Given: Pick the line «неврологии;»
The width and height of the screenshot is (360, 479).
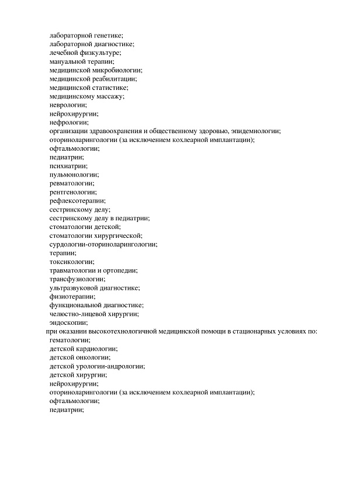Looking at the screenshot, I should [x=68, y=105].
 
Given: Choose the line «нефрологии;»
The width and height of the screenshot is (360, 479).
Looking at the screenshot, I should [x=69, y=122].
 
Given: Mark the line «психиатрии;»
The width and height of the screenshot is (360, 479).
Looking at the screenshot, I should [x=68, y=166].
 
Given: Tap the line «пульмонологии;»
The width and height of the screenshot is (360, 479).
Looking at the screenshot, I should [x=74, y=175].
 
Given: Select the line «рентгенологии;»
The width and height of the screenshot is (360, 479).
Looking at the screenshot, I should [x=73, y=192].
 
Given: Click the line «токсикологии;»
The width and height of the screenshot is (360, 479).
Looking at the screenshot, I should [x=72, y=262].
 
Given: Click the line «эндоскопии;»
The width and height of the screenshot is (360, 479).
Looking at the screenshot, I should [x=69, y=322].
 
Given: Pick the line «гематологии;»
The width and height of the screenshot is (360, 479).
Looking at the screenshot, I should [x=70, y=340].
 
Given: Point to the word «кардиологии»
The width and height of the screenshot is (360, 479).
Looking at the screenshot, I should [x=96, y=349].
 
